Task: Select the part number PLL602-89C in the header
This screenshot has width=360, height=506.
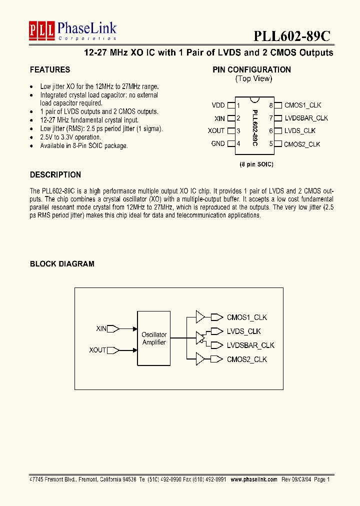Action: pos(291,36)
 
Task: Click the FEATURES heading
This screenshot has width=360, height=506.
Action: pos(50,70)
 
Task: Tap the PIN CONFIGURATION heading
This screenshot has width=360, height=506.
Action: pos(251,70)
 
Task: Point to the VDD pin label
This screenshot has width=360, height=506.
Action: pos(218,105)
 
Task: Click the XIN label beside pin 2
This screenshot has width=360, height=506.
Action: pos(219,118)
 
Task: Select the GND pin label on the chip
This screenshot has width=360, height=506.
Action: pos(218,144)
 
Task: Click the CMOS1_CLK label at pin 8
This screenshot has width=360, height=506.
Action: pos(302,105)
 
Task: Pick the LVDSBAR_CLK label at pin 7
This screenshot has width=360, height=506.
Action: pos(306,118)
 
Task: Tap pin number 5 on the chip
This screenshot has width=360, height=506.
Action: pos(271,144)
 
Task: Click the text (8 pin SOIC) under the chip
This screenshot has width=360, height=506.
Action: pos(256,164)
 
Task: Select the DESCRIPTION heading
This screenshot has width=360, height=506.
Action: pos(55,175)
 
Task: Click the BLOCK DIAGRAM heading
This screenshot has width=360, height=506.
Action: pos(62,264)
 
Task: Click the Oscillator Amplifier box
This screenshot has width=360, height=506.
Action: pos(154,338)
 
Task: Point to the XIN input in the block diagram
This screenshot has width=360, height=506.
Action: pos(101,328)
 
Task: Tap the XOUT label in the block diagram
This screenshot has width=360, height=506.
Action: pos(97,350)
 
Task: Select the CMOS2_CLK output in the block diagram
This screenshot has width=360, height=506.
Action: pos(247,359)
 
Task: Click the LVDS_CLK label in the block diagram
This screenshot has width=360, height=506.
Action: pos(244,331)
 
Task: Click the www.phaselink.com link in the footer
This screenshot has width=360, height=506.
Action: pos(253,479)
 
